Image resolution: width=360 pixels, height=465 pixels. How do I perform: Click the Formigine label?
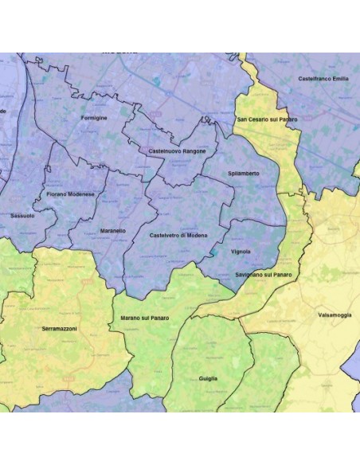pos(94,118)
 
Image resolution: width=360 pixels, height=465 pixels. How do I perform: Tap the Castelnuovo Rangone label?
pos(178,151)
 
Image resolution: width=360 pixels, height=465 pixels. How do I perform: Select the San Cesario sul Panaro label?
pos(267,119)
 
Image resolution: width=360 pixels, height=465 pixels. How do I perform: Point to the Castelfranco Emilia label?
pos(323,79)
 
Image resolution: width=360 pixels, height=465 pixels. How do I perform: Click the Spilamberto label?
pos(242,174)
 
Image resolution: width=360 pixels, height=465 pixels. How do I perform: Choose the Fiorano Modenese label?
pos(71,194)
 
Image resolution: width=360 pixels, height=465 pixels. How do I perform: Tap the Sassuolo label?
pos(22,216)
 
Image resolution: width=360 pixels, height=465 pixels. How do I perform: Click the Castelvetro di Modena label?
pos(178,236)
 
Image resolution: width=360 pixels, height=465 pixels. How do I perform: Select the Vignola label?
pos(241,252)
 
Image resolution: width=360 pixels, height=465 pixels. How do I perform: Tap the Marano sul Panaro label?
pos(145,318)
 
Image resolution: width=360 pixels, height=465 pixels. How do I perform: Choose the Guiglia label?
pos(209,378)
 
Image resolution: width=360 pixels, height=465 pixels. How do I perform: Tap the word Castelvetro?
pos(163,236)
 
